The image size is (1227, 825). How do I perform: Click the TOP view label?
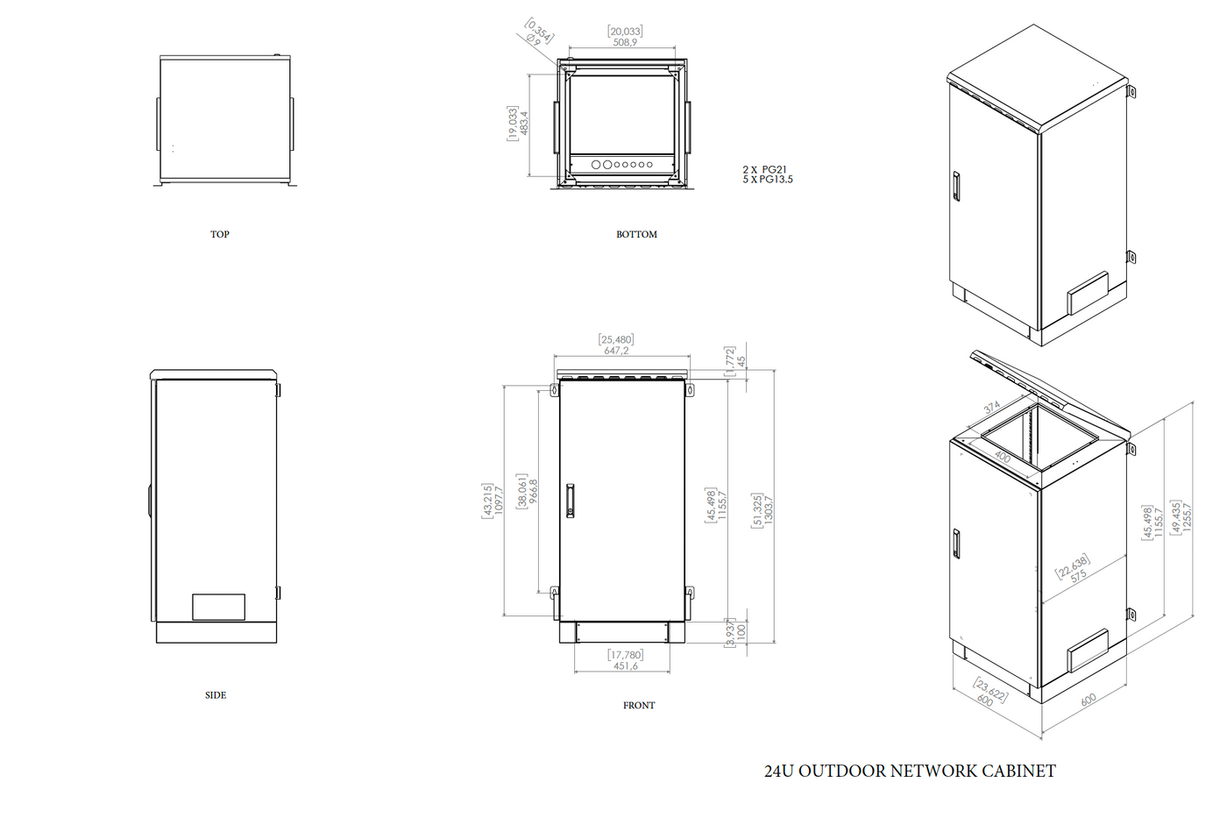point(219,234)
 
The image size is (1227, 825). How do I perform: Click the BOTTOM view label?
point(636,234)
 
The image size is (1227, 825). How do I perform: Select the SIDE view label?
point(216,695)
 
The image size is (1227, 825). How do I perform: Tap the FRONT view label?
point(639,705)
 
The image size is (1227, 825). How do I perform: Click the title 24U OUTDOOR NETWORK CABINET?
point(910,771)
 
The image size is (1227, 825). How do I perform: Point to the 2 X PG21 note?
point(764,169)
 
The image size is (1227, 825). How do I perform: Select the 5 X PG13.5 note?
point(768,180)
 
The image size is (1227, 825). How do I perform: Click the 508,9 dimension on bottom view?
point(625,42)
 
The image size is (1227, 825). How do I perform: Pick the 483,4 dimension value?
point(524,123)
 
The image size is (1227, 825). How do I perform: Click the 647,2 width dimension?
point(616,351)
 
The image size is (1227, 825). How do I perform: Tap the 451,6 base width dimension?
point(626,666)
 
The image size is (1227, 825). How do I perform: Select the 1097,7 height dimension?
point(499,500)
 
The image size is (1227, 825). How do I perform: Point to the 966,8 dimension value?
point(533,491)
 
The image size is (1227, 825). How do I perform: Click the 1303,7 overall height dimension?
point(769,509)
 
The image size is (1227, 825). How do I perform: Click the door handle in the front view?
point(570,500)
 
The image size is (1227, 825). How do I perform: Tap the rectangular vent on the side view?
point(218,607)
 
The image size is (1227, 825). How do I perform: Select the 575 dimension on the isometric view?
point(1078,576)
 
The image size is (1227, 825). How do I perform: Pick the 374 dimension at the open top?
point(992,408)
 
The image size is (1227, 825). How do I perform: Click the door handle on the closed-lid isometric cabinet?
point(956,186)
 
